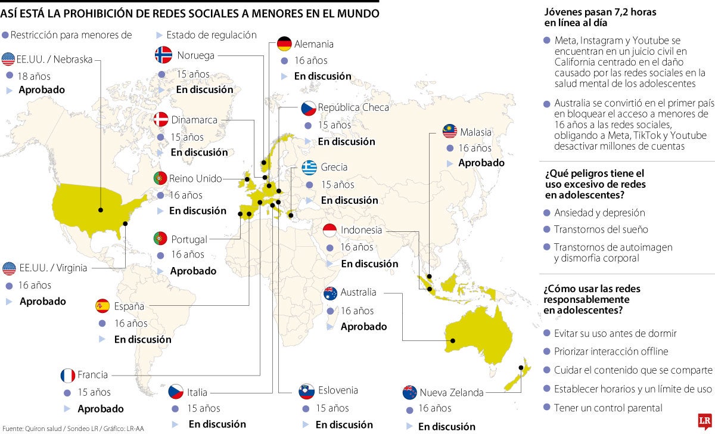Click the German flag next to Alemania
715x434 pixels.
pyautogui.click(x=284, y=44)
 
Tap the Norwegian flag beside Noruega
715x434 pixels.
pyautogui.click(x=163, y=55)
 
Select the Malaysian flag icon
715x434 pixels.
pyautogui.click(x=450, y=132)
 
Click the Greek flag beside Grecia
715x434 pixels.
pyautogui.click(x=309, y=168)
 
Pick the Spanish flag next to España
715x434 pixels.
pyautogui.click(x=102, y=306)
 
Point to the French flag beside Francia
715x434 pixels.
pyautogui.click(x=67, y=376)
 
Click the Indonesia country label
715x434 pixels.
pyautogui.click(x=361, y=230)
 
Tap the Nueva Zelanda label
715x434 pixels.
pyautogui.click(x=451, y=392)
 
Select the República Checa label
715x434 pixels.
pyautogui.click(x=353, y=107)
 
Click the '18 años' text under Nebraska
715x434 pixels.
pyautogui.click(x=35, y=76)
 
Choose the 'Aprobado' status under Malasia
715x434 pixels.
pyautogui.click(x=481, y=163)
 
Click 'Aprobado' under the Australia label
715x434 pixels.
pyautogui.click(x=363, y=326)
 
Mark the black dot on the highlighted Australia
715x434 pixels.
pyautogui.click(x=453, y=340)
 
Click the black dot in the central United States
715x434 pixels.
pyautogui.click(x=101, y=209)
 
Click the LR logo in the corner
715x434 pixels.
pyautogui.click(x=705, y=421)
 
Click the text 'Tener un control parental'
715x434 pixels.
pyautogui.click(x=608, y=408)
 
